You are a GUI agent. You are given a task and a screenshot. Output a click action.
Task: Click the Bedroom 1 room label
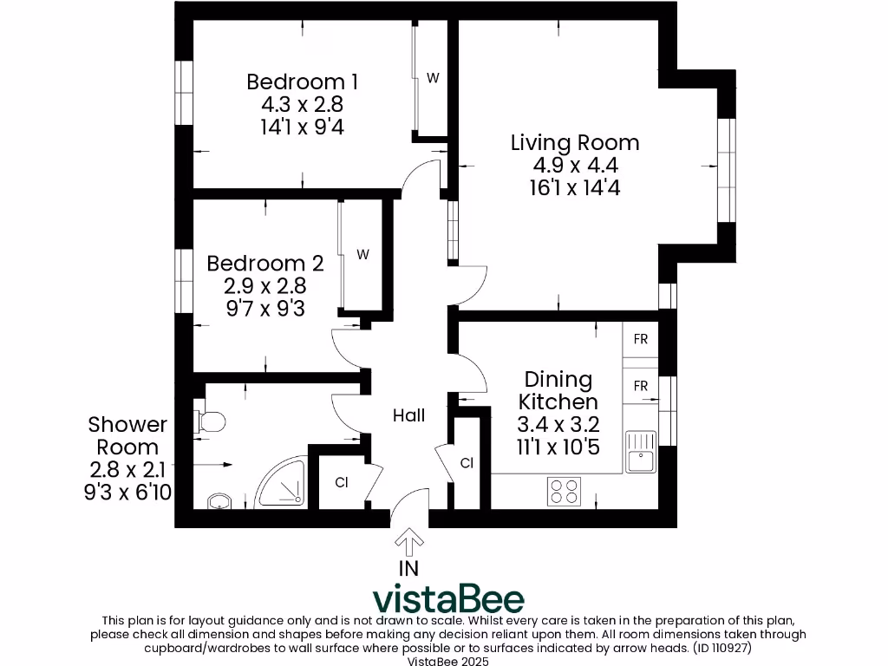(302, 82)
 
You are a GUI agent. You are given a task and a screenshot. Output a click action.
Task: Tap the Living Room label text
(575, 143)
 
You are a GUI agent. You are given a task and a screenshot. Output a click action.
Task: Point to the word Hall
(408, 415)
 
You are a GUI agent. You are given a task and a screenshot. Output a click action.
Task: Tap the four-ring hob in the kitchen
(564, 492)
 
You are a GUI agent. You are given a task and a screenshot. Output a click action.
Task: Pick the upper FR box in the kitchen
(640, 340)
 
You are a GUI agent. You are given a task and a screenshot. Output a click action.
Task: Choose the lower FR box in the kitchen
(640, 385)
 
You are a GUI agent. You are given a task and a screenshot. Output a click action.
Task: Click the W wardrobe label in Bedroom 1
(432, 78)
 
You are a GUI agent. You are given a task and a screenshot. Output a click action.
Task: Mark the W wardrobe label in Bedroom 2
(363, 255)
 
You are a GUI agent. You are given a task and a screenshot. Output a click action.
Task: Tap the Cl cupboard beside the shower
(341, 482)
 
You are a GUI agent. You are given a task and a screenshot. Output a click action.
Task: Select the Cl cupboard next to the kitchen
(467, 463)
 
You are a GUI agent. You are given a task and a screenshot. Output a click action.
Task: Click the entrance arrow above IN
(408, 542)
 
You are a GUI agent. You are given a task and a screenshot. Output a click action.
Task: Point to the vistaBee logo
(448, 598)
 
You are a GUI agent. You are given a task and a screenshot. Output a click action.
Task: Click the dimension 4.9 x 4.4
(575, 166)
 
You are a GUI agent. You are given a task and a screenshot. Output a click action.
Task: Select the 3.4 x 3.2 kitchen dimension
(558, 425)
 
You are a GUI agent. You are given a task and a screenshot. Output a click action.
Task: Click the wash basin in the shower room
(219, 502)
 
